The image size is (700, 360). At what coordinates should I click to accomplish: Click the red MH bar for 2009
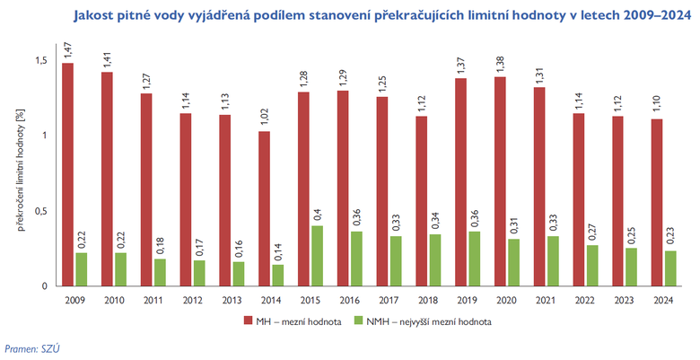68,174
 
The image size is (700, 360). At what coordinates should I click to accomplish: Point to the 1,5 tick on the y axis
40,59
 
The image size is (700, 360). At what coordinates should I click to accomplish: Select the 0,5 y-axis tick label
40,211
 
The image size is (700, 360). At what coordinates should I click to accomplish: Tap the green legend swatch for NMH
358,320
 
